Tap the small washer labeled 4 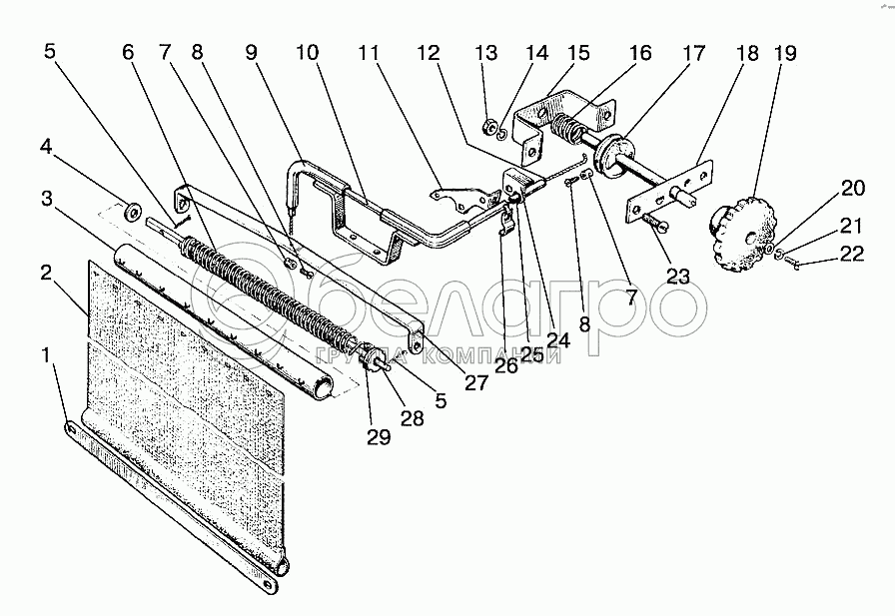(x=131, y=212)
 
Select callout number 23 (x=678, y=277)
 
